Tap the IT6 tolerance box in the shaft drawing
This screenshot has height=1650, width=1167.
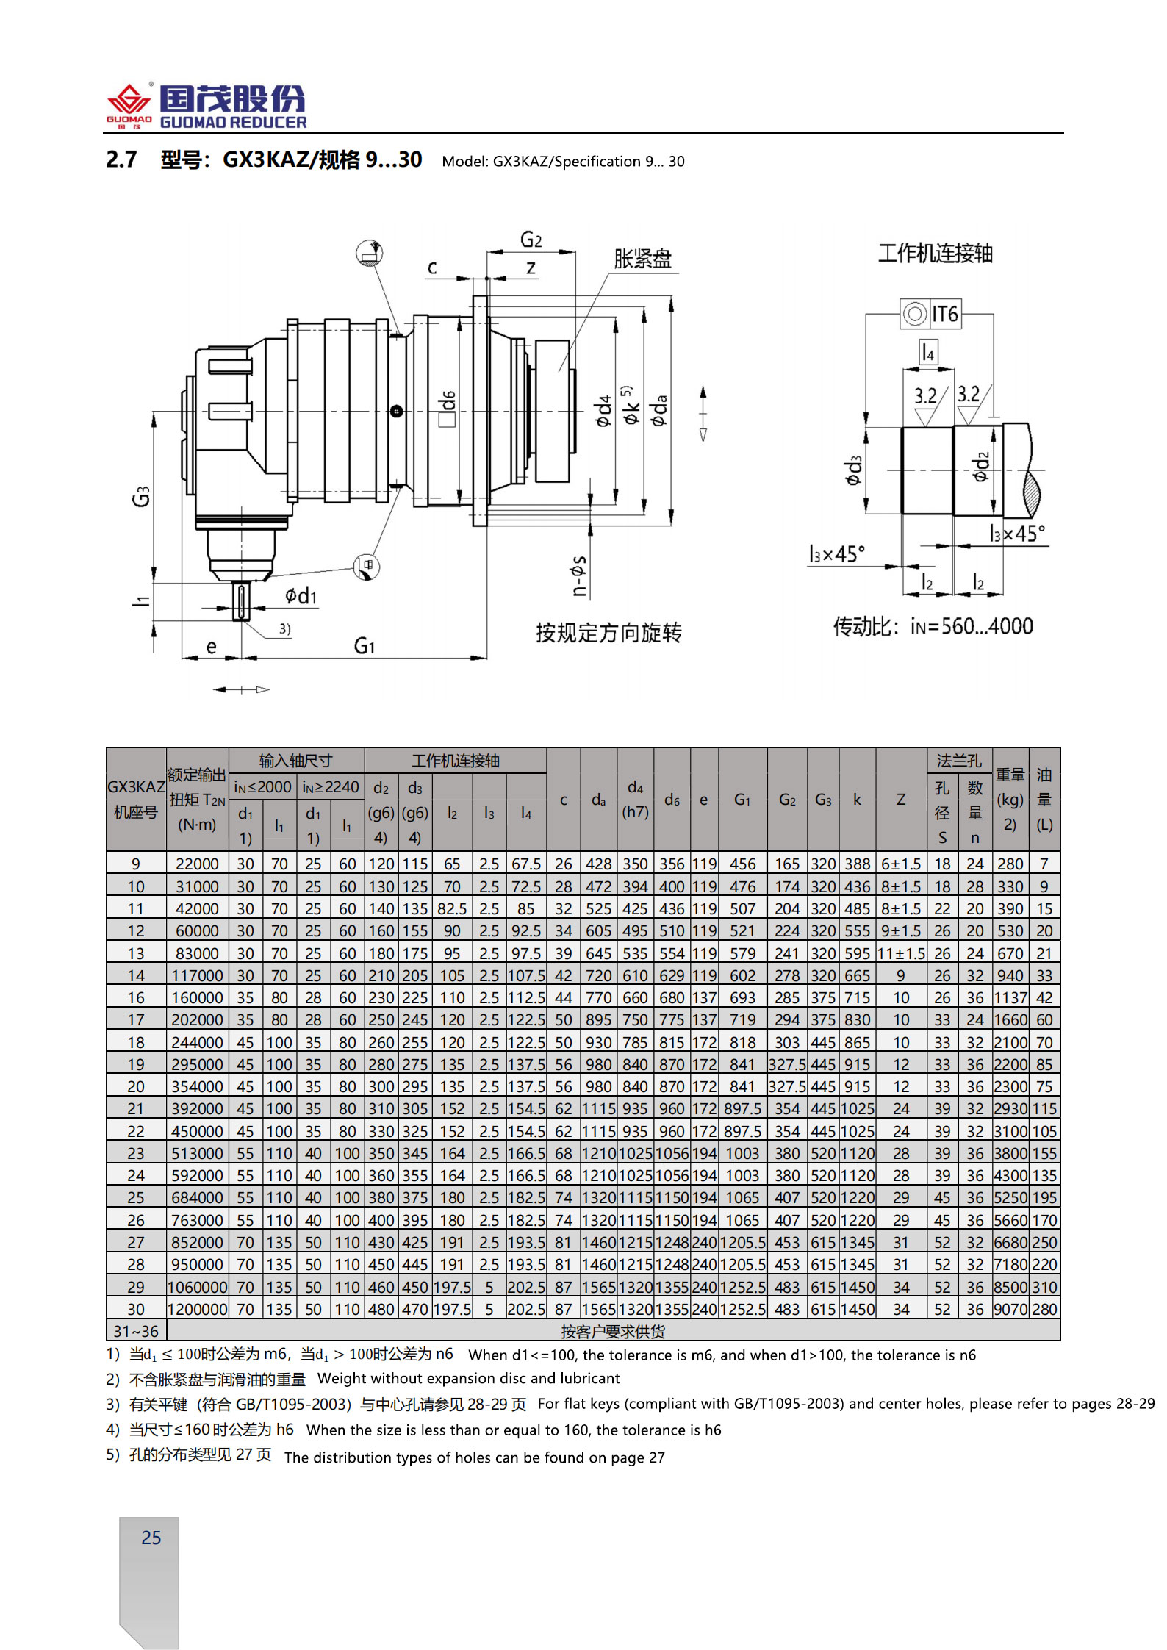tap(930, 314)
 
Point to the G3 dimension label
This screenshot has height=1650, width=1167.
tap(140, 496)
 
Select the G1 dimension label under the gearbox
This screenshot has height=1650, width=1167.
tap(365, 646)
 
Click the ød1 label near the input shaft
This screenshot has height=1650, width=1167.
tap(301, 595)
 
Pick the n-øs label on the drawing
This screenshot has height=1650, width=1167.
tap(579, 575)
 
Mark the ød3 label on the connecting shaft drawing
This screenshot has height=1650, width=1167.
tap(852, 470)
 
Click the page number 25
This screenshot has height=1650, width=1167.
tap(151, 1538)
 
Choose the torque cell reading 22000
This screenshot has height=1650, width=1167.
tap(197, 864)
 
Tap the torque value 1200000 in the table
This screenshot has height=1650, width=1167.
tap(197, 1309)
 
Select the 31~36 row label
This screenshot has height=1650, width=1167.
tap(136, 1331)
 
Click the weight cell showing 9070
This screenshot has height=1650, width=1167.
tap(1010, 1309)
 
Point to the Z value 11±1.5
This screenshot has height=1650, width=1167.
tap(901, 953)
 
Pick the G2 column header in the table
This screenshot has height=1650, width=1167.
tap(787, 800)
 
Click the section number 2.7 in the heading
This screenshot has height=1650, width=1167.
tap(121, 159)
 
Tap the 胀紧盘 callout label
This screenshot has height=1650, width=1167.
tap(642, 259)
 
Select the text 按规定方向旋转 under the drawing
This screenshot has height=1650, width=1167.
tap(608, 632)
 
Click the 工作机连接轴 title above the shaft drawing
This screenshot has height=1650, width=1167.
tap(936, 254)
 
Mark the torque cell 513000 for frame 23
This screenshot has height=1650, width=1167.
tap(197, 1153)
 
